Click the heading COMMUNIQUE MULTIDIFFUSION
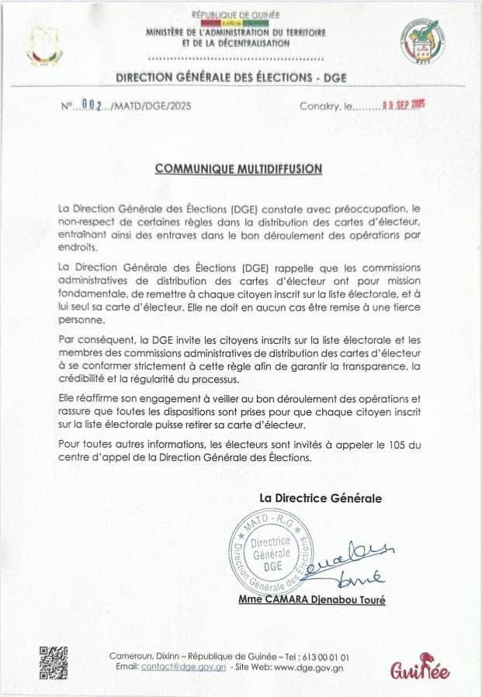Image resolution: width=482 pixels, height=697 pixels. pos(238,168)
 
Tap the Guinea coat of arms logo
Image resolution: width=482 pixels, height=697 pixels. pos(43,46)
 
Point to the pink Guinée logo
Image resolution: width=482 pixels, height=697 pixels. pos(420,670)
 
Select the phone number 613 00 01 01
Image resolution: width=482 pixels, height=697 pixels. pos(326,656)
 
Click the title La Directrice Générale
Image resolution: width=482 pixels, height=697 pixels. pos(321,498)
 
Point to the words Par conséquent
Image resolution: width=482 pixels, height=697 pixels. pos(92,341)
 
